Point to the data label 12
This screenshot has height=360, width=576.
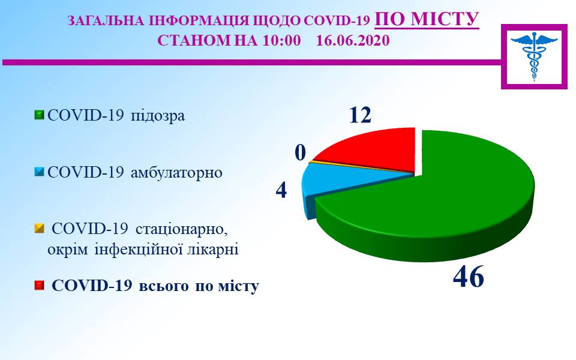360,115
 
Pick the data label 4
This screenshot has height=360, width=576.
281,190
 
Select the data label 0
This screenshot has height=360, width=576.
301,152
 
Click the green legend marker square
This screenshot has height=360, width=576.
39,115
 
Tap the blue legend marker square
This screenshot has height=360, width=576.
39,172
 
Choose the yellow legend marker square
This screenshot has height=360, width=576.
39,229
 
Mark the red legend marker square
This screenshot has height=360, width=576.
39,286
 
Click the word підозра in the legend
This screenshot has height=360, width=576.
158,116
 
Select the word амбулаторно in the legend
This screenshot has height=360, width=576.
176,172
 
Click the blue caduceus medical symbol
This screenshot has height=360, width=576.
534,56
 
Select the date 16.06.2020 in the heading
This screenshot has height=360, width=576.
353,40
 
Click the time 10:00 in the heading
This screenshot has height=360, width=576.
282,40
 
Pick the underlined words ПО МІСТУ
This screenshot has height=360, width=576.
427,19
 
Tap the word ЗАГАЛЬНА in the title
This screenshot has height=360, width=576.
106,21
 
